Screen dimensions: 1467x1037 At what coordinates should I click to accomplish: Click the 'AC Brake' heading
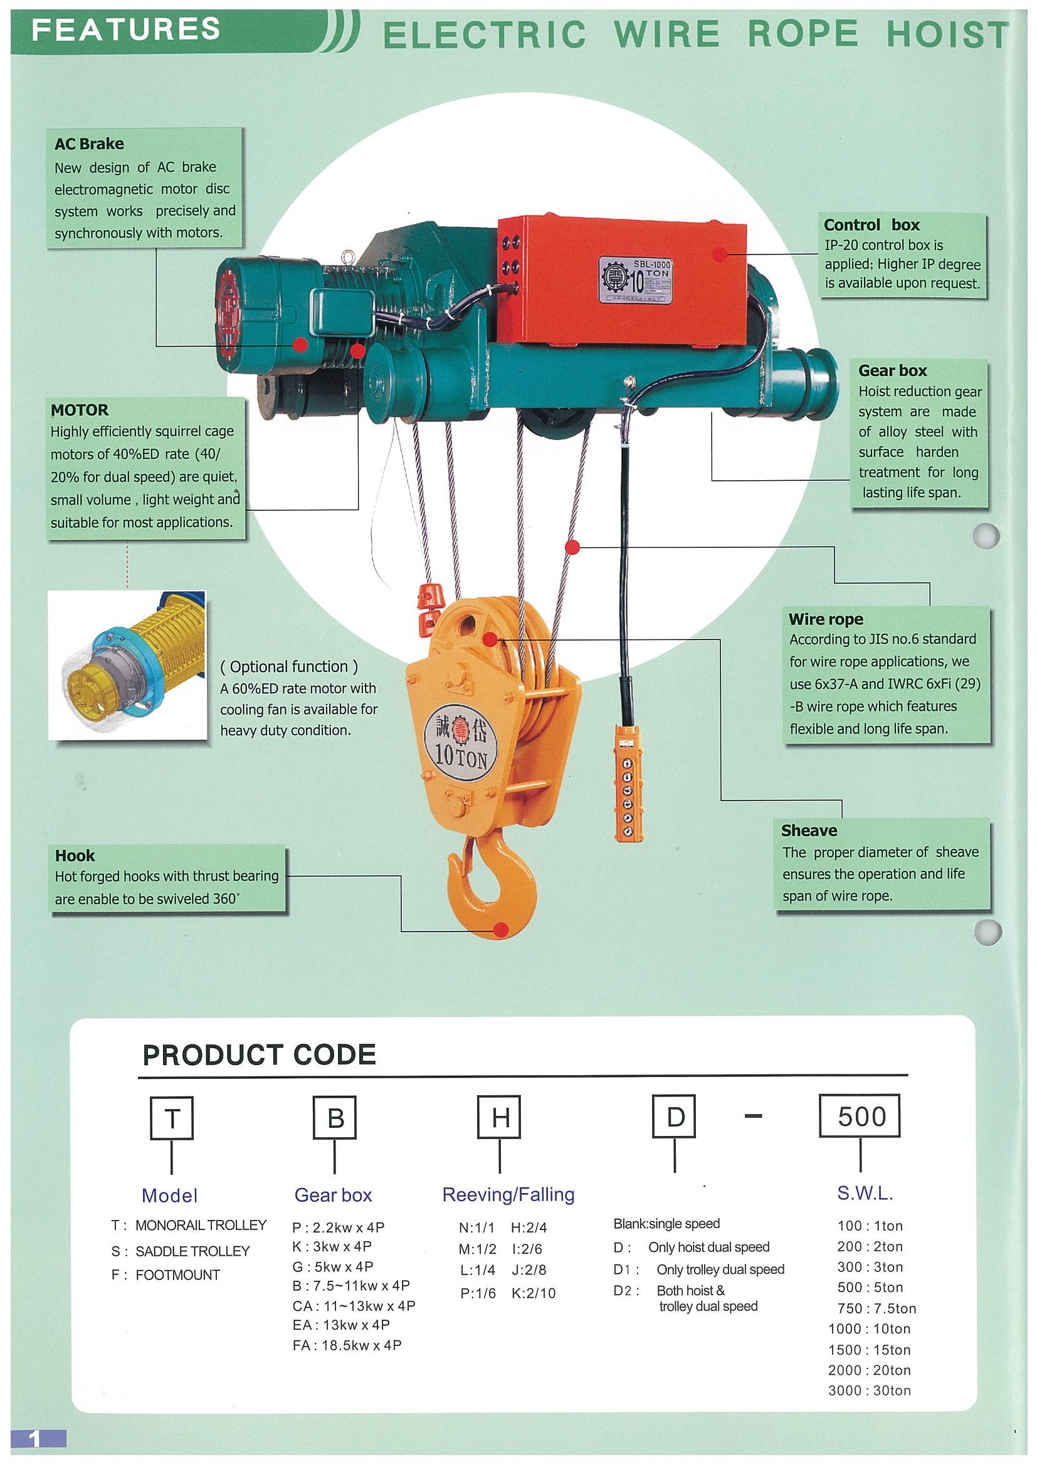(x=89, y=144)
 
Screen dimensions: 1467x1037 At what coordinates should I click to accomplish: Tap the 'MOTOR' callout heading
(x=80, y=409)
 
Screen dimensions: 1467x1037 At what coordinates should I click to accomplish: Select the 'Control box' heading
(x=871, y=225)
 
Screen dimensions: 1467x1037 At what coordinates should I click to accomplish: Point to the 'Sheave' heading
(x=808, y=830)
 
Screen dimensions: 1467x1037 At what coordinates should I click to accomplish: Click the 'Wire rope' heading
(x=825, y=619)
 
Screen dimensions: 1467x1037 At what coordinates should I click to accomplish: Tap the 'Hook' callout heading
(x=75, y=855)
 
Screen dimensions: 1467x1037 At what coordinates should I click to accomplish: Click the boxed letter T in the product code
(x=171, y=1118)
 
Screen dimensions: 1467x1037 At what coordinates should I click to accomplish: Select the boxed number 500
(x=860, y=1116)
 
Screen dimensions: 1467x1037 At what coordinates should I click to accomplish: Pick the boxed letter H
(x=500, y=1117)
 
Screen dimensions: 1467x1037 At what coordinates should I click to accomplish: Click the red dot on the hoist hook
(x=502, y=929)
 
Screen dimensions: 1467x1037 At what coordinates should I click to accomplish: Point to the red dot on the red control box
(x=720, y=255)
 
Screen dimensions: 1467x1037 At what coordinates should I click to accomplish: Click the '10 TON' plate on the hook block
(x=460, y=742)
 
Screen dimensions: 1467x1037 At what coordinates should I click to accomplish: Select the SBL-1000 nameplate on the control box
(x=635, y=279)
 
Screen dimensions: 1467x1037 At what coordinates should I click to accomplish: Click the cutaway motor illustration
(x=128, y=665)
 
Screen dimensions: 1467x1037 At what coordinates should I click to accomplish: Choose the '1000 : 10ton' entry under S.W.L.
(x=869, y=1329)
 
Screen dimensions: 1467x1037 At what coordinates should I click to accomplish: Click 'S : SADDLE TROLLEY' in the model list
(x=180, y=1251)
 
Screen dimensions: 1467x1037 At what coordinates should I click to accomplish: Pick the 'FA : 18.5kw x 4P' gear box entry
(x=347, y=1345)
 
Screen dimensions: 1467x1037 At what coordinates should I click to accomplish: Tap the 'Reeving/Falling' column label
(x=508, y=1194)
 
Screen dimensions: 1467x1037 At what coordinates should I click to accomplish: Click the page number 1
(x=35, y=1438)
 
